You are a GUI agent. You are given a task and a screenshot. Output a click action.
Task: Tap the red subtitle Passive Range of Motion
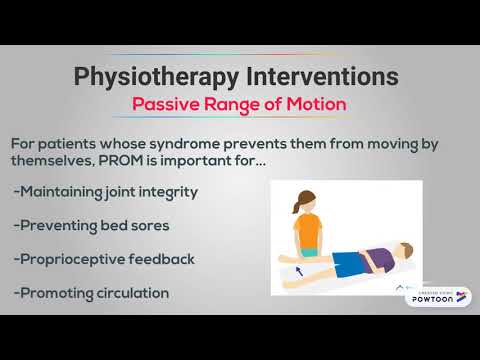coord(239,105)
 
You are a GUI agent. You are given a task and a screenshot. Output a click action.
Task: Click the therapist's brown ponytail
coord(294,205)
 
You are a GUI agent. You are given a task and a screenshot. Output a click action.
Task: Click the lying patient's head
coord(397,251)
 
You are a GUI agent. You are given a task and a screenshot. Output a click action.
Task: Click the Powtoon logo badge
coord(438,296)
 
